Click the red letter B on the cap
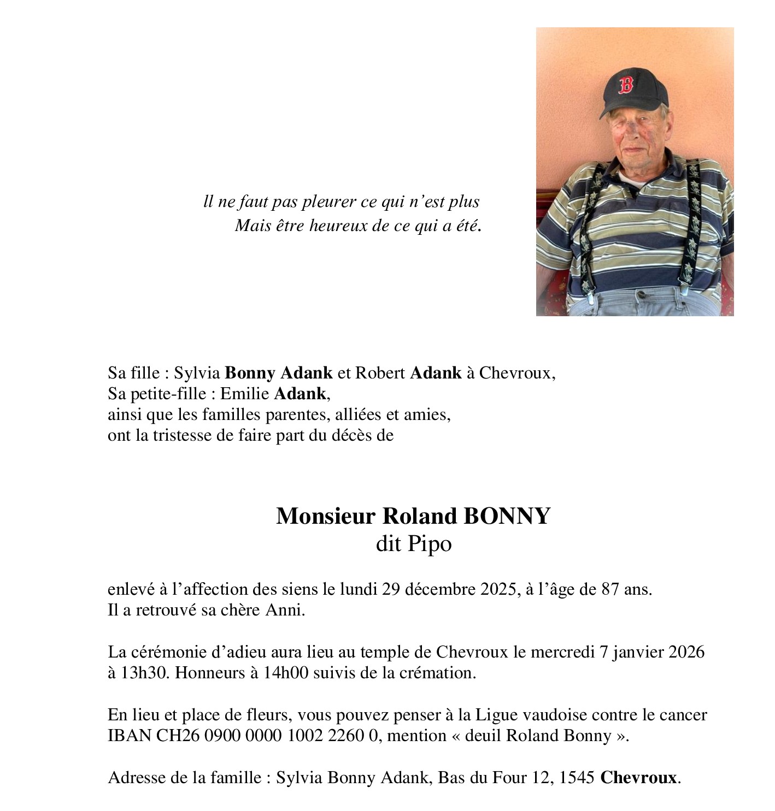(x=626, y=85)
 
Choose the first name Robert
(x=380, y=373)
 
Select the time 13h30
(x=139, y=673)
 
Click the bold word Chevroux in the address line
(x=638, y=778)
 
